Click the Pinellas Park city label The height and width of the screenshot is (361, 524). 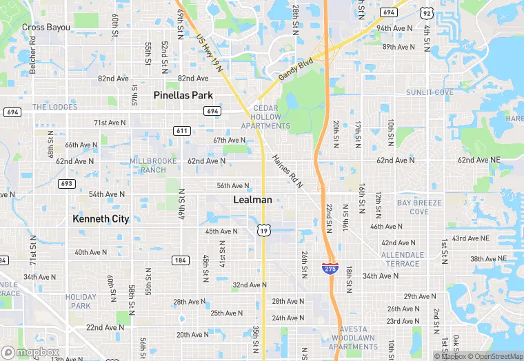pyautogui.click(x=183, y=95)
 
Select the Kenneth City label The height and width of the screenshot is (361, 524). pyautogui.click(x=101, y=219)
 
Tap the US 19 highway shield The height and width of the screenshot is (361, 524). pyautogui.click(x=263, y=231)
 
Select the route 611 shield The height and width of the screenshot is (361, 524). pyautogui.click(x=182, y=131)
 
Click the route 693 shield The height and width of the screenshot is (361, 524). pyautogui.click(x=67, y=183)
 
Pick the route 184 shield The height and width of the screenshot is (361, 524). pyautogui.click(x=181, y=260)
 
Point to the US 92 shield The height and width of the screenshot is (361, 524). pyautogui.click(x=427, y=12)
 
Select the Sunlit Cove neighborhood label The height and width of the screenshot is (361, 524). pyautogui.click(x=430, y=92)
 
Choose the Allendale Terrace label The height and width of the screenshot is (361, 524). pyautogui.click(x=403, y=259)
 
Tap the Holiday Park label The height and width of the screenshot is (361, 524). pyautogui.click(x=81, y=301)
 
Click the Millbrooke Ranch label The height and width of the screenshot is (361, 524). pyautogui.click(x=153, y=165)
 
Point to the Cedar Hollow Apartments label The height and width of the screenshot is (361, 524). pyautogui.click(x=265, y=117)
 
